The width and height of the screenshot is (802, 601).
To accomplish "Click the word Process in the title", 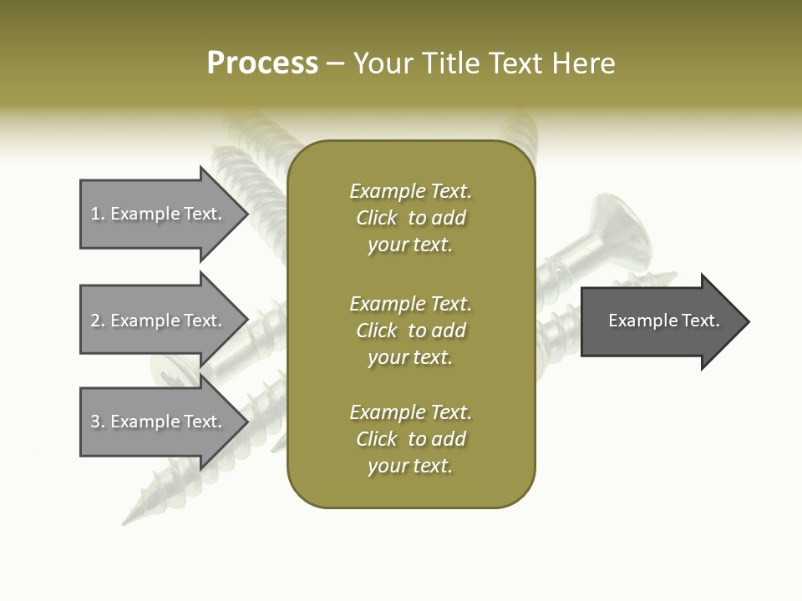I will point(262,63).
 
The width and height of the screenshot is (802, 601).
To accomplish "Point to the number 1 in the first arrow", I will point(95,214).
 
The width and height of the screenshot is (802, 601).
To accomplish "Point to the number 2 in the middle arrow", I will point(95,321).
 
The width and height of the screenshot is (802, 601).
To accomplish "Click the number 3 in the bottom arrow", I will point(95,422).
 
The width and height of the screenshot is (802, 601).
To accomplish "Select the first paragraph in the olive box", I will point(410,218).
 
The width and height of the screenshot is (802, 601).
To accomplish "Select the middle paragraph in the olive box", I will point(410,331).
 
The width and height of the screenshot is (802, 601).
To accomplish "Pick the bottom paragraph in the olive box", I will point(410,439).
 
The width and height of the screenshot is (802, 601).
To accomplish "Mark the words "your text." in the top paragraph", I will point(410,245).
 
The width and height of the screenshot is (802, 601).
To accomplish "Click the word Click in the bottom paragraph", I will point(377,439).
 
